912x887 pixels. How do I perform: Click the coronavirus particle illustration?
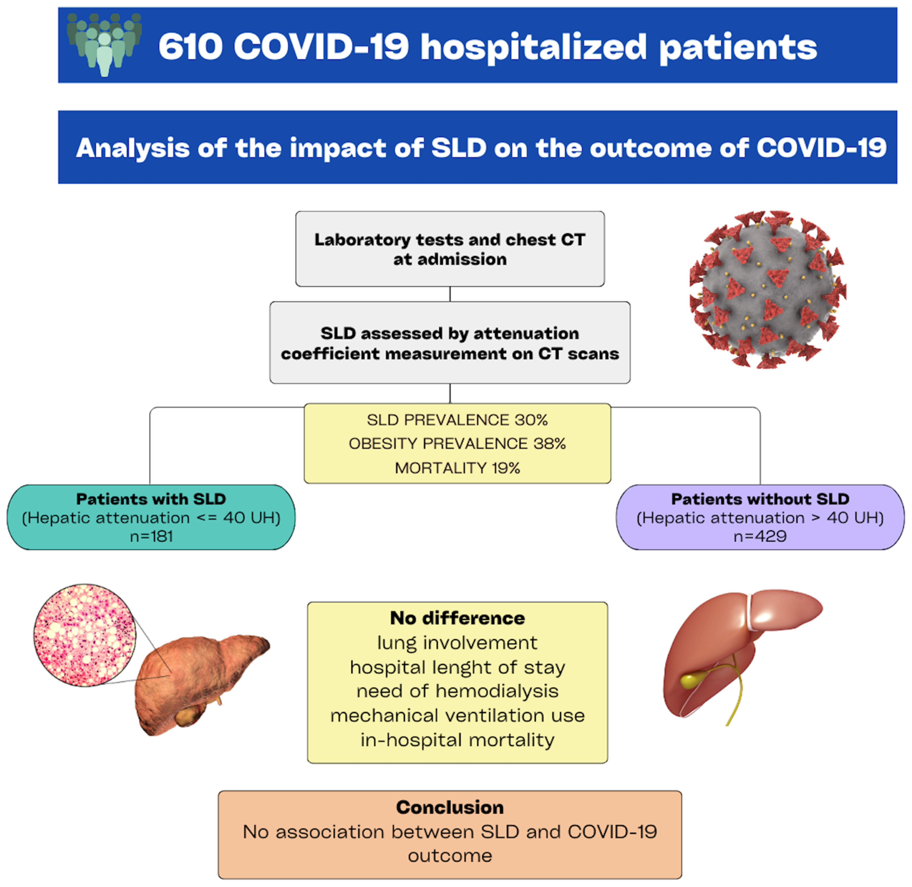tap(768, 289)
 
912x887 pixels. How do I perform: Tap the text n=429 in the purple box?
tap(760, 536)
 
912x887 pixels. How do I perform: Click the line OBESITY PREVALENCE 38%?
tap(457, 443)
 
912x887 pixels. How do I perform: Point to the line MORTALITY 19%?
tap(457, 468)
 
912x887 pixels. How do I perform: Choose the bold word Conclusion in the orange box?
tap(450, 807)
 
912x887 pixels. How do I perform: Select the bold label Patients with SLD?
tap(151, 499)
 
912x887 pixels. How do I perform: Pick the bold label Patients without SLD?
tap(760, 499)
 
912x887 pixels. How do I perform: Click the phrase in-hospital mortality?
tap(457, 740)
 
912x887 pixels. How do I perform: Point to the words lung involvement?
tap(457, 643)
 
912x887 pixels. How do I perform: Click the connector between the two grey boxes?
tap(450, 294)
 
